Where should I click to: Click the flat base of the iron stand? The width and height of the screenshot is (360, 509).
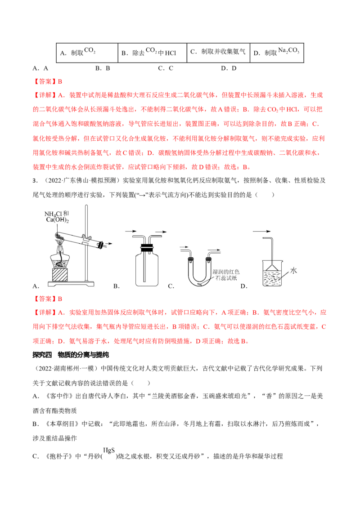(72, 283)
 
